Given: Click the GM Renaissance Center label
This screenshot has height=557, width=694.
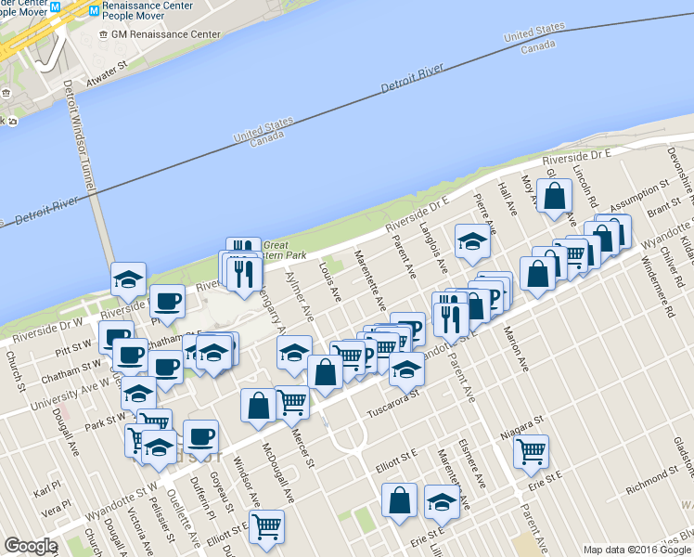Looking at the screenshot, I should (x=165, y=34).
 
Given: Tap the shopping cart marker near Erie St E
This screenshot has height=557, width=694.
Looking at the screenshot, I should (x=532, y=451).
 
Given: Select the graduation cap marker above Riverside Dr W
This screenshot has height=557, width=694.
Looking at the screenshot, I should (x=129, y=278).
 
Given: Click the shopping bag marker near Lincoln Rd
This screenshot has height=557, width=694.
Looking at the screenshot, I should (x=554, y=197).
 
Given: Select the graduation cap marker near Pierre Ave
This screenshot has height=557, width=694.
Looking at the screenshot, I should (x=473, y=241).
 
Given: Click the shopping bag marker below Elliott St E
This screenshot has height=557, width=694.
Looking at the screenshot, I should (x=400, y=499).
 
